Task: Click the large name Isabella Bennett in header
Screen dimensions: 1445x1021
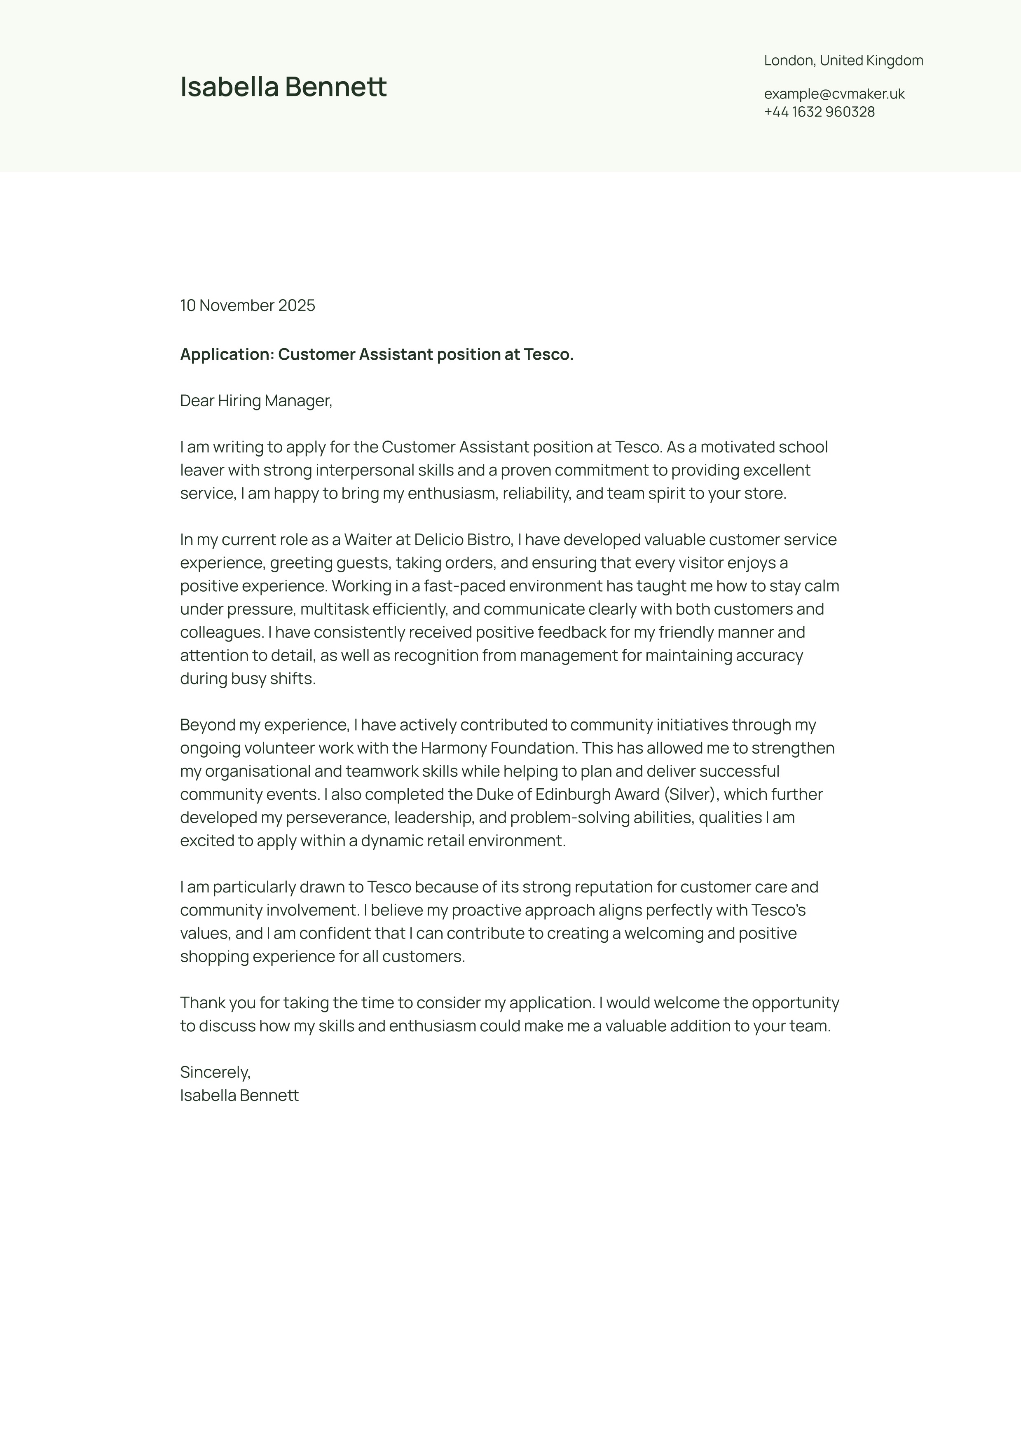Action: click(x=283, y=87)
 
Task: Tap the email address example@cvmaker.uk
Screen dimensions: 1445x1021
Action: click(x=834, y=94)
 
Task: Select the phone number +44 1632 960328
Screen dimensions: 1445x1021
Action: click(x=819, y=112)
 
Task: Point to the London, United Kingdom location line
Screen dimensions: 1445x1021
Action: click(x=843, y=61)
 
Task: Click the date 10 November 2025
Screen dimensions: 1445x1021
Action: click(x=247, y=305)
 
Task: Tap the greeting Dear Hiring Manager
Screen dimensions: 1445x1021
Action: click(x=255, y=401)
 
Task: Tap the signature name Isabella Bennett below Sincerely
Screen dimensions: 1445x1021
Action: click(x=239, y=1095)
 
